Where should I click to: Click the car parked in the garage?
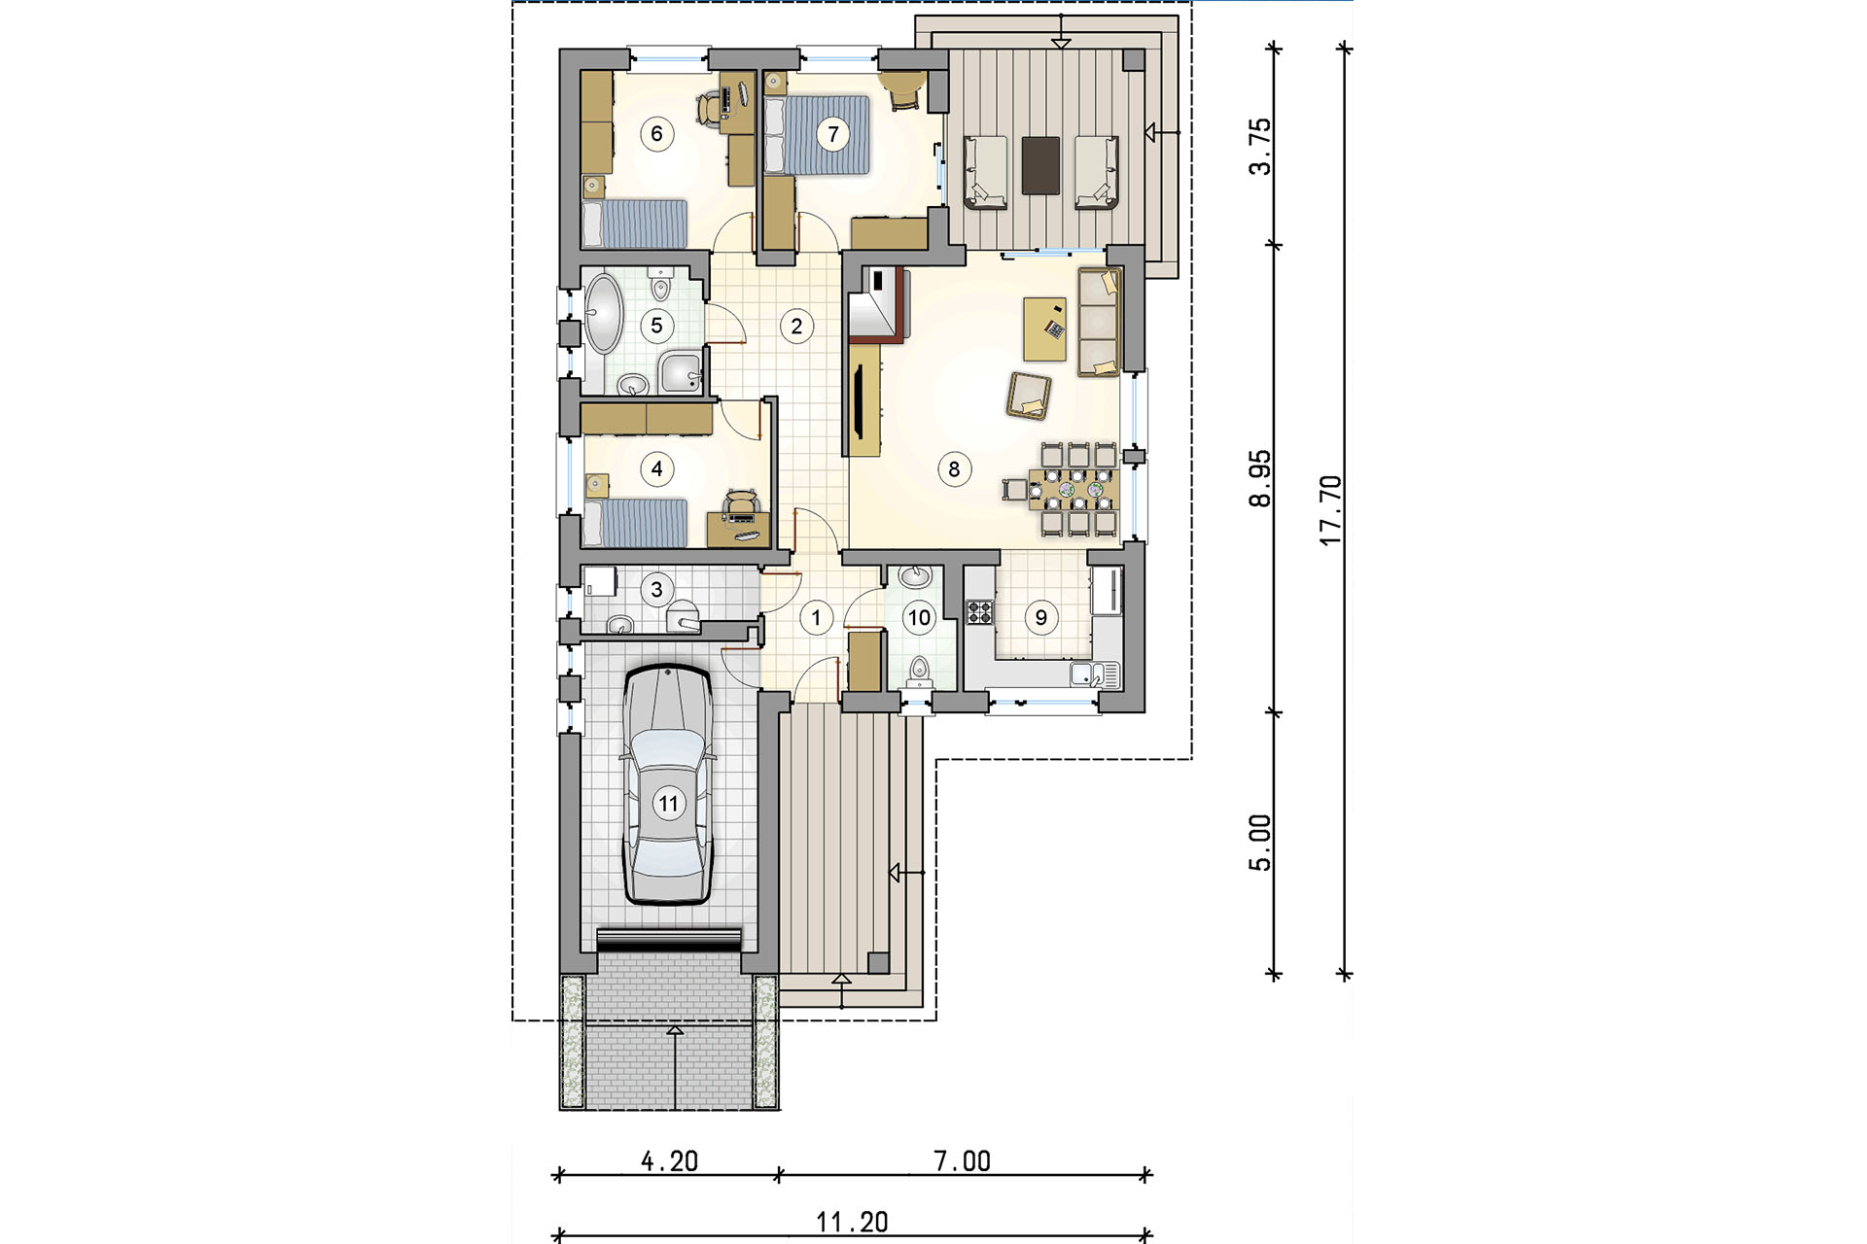[667, 784]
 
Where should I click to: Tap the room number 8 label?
[954, 469]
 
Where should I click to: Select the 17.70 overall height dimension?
[1330, 510]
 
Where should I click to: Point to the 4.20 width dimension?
[669, 1160]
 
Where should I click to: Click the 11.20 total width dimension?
[852, 1222]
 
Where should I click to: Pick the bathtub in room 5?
[603, 314]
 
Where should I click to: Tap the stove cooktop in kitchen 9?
[980, 612]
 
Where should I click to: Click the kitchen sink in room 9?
[1096, 674]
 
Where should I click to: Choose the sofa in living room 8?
[1099, 322]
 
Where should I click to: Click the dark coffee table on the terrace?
[1040, 165]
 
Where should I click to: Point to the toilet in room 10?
[919, 671]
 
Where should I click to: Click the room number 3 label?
[657, 589]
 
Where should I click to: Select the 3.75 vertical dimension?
[1260, 146]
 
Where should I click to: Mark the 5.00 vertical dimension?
[1260, 843]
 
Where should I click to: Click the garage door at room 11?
[668, 940]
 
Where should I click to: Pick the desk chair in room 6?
[710, 106]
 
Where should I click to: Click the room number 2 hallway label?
[797, 327]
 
